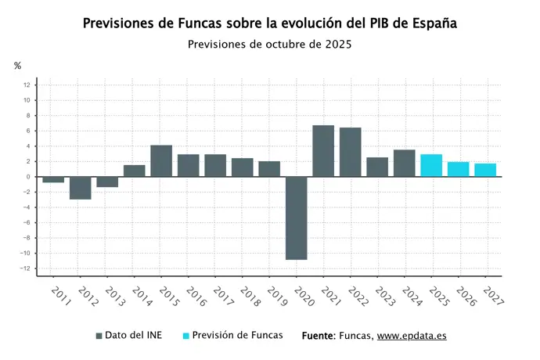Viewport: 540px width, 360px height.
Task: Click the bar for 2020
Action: pos(296,218)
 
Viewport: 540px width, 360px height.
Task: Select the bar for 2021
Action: pos(323,151)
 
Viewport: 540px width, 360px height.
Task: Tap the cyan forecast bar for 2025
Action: pos(431,165)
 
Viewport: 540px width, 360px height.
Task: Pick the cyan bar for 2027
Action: pos(485,170)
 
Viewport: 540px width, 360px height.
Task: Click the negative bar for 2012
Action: pos(80,188)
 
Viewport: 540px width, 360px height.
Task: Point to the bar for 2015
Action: pos(161,161)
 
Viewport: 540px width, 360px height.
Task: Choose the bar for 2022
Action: pos(350,152)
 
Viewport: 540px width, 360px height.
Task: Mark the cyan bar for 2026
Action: pos(458,169)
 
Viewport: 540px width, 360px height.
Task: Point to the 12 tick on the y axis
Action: pos(27,85)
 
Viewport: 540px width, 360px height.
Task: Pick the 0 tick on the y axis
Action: pos(28,177)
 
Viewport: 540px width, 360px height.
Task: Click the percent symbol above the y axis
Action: pos(17,66)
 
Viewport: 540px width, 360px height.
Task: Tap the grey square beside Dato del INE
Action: pos(99,336)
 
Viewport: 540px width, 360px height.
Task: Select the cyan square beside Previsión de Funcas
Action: pos(186,336)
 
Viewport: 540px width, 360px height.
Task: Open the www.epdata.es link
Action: pos(412,336)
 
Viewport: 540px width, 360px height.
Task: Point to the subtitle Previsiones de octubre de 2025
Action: pos(269,45)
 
